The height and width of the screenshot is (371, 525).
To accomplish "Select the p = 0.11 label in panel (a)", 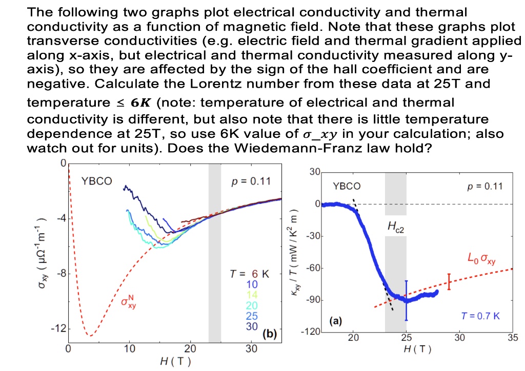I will coord(482,186).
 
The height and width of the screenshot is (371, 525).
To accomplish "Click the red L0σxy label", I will coord(481,257).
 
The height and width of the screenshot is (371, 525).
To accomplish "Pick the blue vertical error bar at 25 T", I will coord(406,300).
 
